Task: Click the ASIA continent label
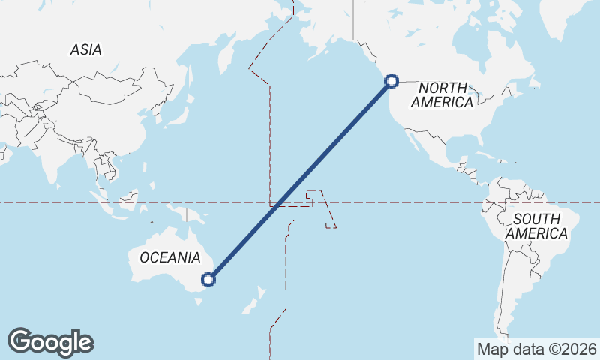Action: tap(86, 49)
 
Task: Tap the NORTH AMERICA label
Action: tap(442, 94)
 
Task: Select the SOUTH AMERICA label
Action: tap(536, 226)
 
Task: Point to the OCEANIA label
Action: tap(170, 257)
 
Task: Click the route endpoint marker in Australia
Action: tap(209, 280)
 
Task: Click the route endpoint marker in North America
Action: tap(391, 81)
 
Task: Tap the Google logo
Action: tap(50, 342)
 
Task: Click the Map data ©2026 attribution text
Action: tap(537, 349)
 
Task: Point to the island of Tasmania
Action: tap(198, 303)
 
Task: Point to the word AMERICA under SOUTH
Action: tap(536, 234)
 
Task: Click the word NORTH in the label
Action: tap(442, 88)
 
